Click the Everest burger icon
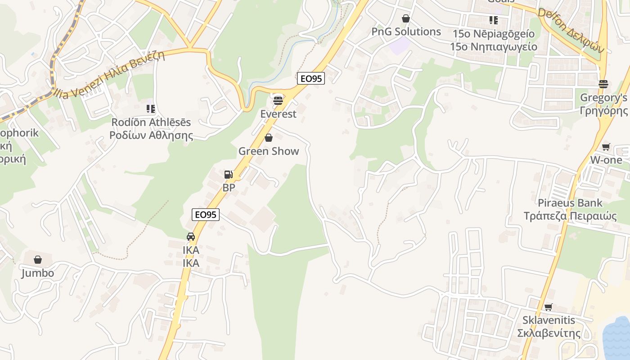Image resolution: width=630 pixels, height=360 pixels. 278,100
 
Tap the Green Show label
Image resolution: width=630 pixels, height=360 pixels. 269,151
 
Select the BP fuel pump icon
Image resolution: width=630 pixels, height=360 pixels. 229,175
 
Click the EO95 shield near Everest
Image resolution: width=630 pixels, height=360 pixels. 311,78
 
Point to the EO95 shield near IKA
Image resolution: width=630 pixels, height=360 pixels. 206,215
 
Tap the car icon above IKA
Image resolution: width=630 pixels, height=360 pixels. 191,237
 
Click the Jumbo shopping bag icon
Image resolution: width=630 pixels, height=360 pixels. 38,260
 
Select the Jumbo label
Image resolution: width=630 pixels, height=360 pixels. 37,273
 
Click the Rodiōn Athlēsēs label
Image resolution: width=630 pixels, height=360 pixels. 151,122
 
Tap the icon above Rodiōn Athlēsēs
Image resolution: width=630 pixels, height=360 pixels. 151,109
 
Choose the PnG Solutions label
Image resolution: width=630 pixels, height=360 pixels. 406,31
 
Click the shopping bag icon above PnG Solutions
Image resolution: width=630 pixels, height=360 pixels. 406,18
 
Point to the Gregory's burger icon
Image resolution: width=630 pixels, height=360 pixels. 603,84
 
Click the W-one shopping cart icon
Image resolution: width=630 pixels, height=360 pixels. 606,147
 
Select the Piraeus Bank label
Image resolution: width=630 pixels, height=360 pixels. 570,203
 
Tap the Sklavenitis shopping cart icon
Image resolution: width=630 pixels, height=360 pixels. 549,307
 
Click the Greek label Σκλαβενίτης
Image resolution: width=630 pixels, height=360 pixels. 549,333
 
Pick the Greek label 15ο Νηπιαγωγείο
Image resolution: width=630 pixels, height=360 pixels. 494,46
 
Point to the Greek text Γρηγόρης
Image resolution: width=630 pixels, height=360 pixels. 603,111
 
